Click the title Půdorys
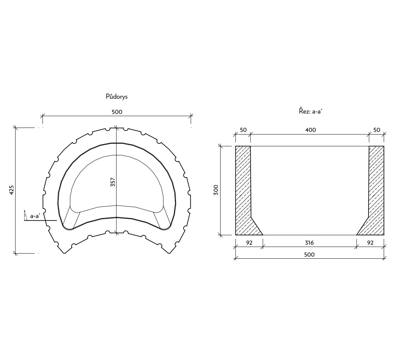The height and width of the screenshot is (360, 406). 116,97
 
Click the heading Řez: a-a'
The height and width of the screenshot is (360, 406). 310,111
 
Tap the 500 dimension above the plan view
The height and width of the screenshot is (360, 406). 117,112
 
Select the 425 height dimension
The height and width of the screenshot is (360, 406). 12,190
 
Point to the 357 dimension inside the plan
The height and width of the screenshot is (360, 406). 112,182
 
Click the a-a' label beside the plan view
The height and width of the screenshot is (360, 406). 35,216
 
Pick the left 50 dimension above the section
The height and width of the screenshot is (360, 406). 243,130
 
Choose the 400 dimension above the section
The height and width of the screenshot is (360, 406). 310,130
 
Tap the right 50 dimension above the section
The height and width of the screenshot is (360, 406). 377,130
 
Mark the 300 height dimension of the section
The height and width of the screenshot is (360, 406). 216,190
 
